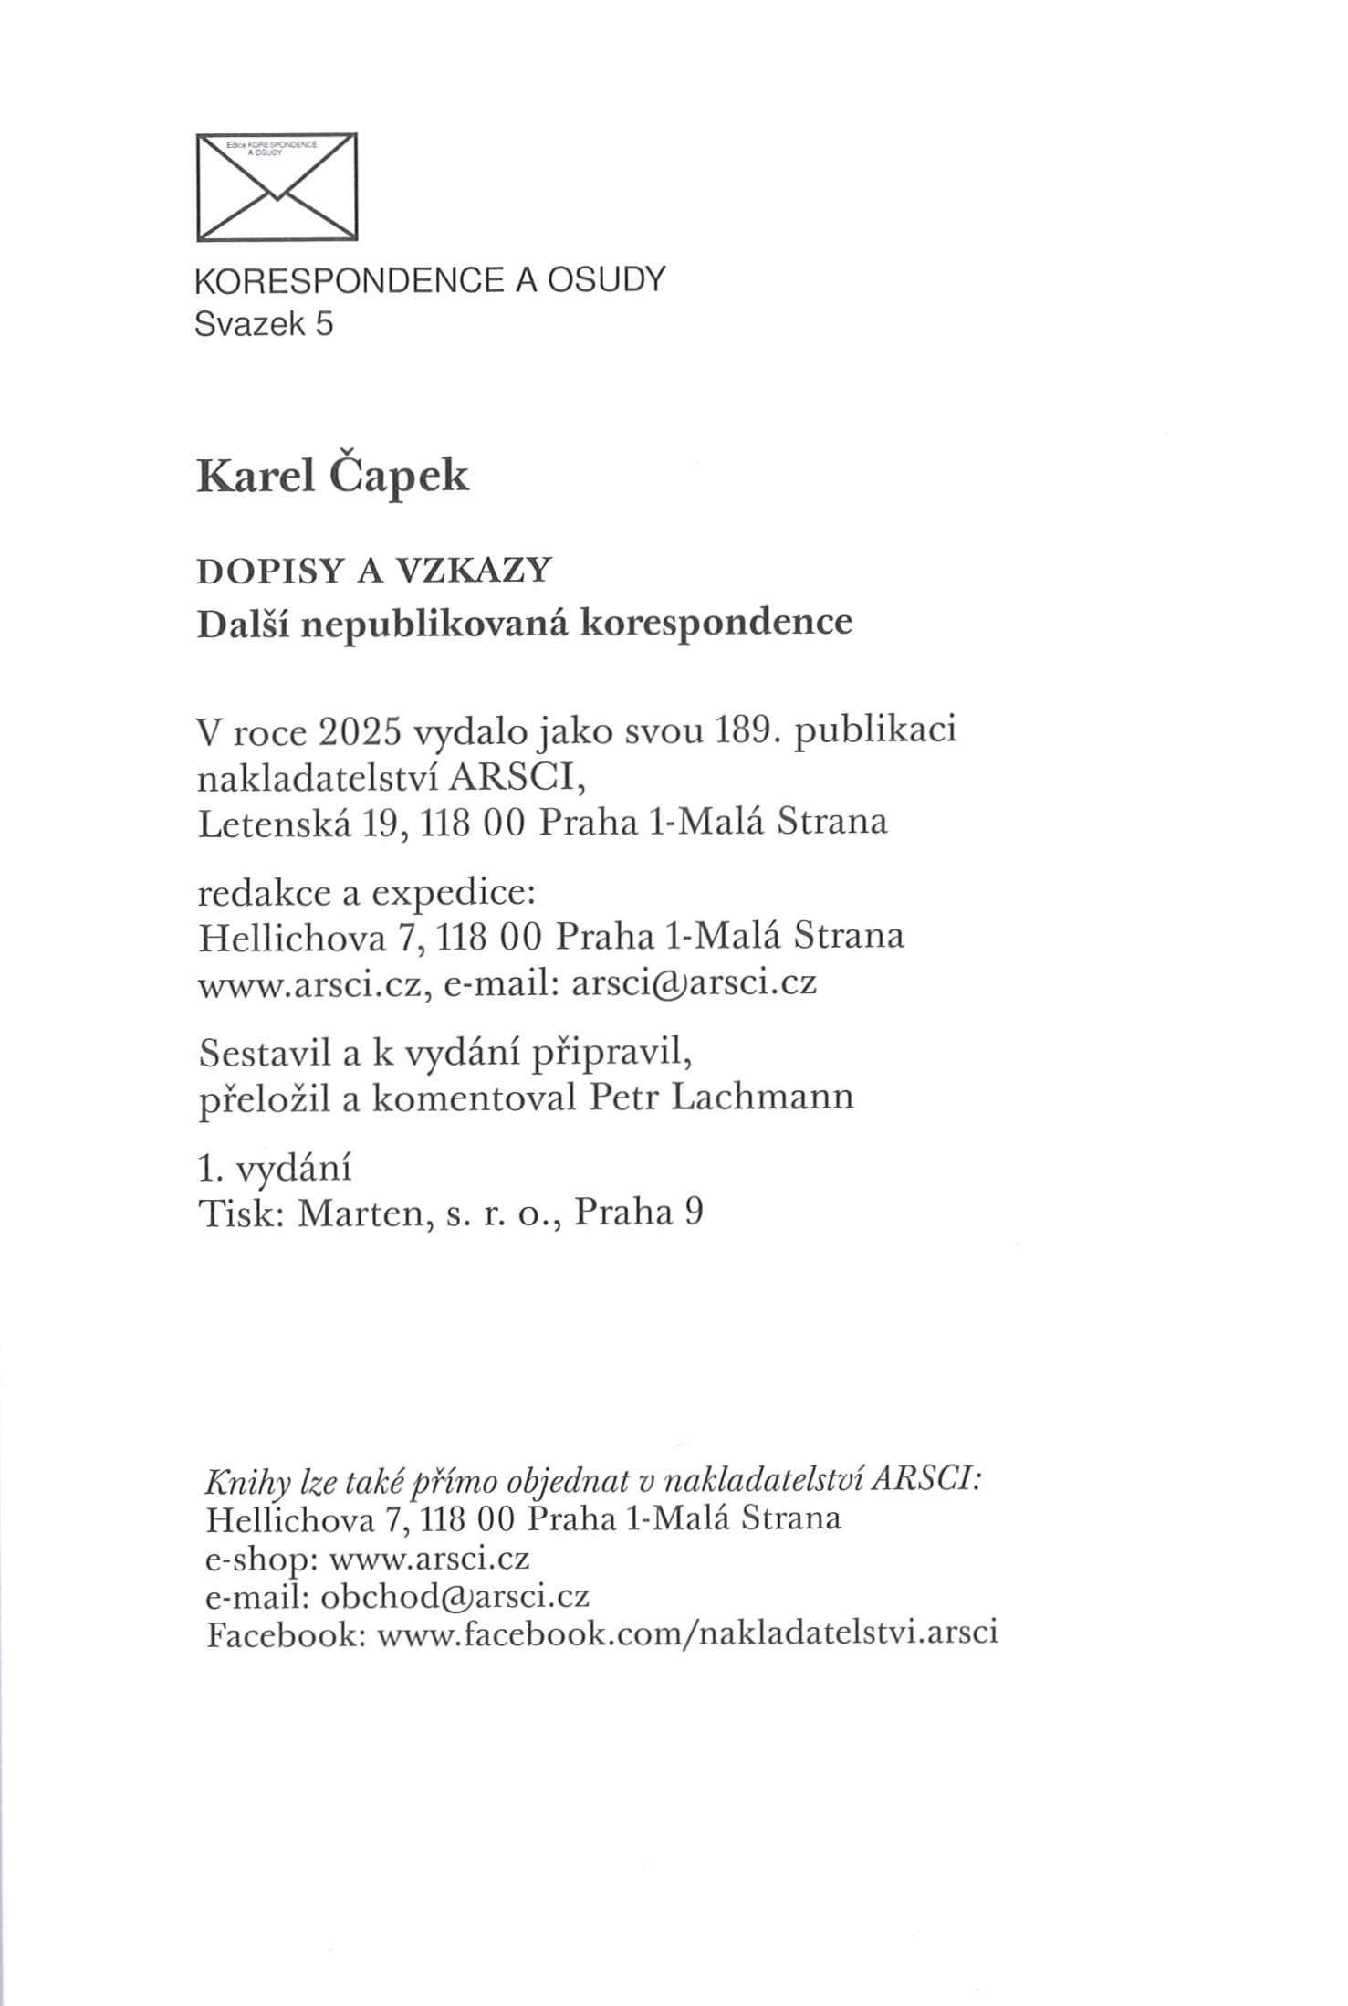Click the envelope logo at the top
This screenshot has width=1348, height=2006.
click(277, 187)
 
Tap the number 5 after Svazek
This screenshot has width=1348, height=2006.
click(325, 324)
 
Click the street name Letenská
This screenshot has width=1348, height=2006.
click(275, 823)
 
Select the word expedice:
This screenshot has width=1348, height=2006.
click(453, 892)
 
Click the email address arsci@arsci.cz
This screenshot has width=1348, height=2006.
click(693, 982)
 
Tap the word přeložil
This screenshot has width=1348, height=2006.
click(264, 1098)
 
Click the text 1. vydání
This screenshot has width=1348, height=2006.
click(275, 1168)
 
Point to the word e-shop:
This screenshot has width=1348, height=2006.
click(261, 1559)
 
